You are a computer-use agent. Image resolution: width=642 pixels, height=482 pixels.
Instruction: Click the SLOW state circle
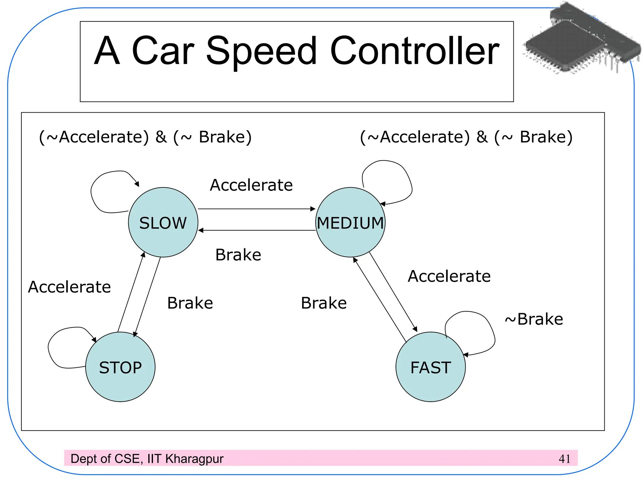tap(163, 222)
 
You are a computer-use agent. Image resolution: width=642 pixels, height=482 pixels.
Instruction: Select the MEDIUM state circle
tap(350, 222)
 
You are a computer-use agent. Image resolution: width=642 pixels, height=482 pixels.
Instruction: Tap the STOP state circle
tap(120, 367)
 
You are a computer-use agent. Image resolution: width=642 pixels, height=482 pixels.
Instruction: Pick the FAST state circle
tap(430, 367)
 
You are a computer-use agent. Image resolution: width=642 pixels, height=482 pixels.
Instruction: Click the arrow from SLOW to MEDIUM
tap(256, 209)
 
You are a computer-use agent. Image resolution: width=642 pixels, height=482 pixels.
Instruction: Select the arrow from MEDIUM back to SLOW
tap(256, 230)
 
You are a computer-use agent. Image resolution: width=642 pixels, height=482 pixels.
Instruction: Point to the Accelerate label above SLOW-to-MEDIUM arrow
tap(251, 185)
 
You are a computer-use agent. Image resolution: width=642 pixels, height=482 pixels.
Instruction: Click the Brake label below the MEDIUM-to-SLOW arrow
tap(238, 254)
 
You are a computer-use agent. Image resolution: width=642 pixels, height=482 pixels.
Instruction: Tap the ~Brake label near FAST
tap(534, 319)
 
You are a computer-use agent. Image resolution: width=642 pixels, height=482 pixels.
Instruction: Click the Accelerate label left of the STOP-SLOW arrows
tap(69, 287)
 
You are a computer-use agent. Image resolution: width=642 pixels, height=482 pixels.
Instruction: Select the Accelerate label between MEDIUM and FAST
tap(449, 276)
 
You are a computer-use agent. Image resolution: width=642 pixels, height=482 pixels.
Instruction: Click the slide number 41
tap(564, 459)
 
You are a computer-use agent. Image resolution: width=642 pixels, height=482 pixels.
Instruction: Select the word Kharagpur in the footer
tap(194, 459)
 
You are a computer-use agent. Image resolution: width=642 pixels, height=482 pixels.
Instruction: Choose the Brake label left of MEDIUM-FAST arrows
tap(324, 303)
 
